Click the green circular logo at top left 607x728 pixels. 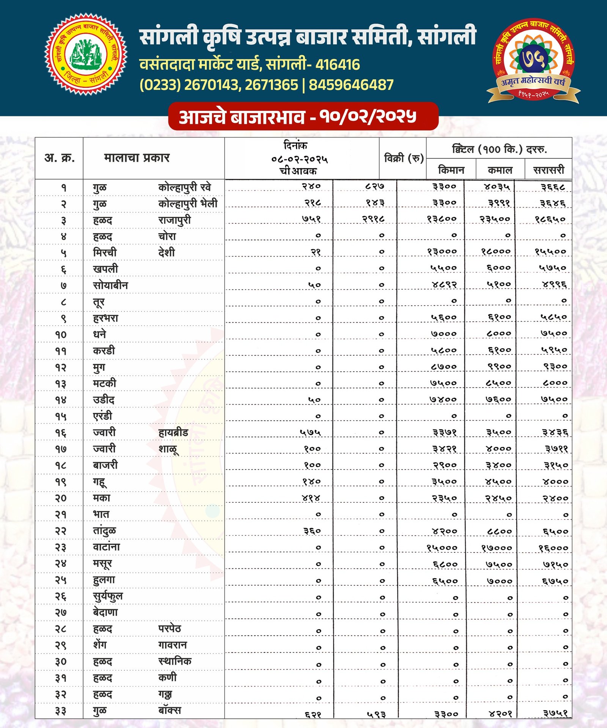click(86, 54)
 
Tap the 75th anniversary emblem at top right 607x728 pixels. click(533, 61)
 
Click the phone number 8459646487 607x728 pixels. click(351, 85)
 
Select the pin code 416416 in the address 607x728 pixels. click(337, 65)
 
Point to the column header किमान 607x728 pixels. click(451, 170)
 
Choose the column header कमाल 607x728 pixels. click(500, 170)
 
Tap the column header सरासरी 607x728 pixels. click(549, 170)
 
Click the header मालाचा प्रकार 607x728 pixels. click(137, 158)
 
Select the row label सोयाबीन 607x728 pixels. click(110, 285)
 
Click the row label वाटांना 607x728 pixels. click(106, 547)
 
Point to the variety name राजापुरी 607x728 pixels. click(175, 220)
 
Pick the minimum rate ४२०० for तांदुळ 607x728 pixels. click(444, 531)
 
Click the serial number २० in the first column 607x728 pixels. click(61, 498)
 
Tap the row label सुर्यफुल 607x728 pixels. click(108, 596)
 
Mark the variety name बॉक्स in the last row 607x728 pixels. click(170, 710)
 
